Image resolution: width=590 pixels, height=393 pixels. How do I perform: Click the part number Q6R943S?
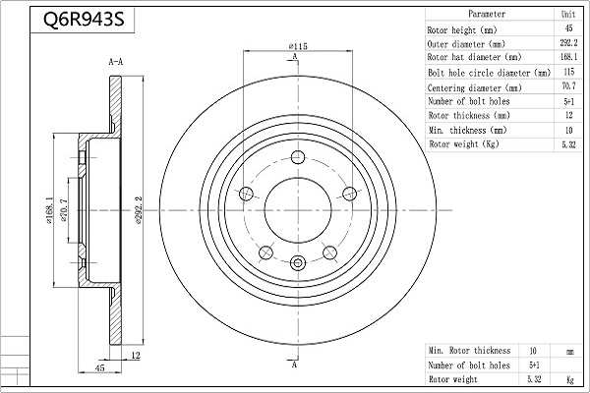(84, 20)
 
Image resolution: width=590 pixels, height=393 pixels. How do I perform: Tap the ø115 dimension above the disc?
(298, 46)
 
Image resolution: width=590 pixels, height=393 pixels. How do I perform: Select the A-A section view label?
(115, 62)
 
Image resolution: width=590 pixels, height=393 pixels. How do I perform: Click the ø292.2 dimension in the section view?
(138, 210)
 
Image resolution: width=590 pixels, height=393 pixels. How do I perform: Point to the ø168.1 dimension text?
(49, 210)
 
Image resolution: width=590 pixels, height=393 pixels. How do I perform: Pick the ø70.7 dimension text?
(63, 210)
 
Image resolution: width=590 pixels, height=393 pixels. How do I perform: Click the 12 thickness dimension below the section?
(136, 355)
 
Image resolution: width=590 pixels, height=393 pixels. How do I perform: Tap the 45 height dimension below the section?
(99, 367)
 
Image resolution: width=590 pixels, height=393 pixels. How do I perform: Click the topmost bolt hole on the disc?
(298, 157)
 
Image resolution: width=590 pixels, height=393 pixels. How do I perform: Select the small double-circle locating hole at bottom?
(298, 262)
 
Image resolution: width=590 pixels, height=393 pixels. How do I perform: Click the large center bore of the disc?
(298, 210)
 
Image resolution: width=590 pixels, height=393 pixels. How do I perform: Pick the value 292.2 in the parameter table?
(568, 43)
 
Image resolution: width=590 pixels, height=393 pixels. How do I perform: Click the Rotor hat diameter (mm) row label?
(474, 57)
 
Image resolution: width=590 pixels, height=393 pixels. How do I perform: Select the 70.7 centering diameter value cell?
(568, 86)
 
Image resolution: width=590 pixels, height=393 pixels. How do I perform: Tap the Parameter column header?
(487, 14)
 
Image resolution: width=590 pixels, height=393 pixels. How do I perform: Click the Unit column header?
(568, 15)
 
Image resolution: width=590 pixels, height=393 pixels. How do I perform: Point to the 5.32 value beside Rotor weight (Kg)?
(568, 144)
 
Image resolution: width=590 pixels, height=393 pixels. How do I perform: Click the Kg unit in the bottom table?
(570, 380)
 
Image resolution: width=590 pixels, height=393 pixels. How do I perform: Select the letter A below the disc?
(295, 365)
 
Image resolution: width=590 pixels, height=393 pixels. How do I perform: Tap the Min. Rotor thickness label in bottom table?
(469, 351)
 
